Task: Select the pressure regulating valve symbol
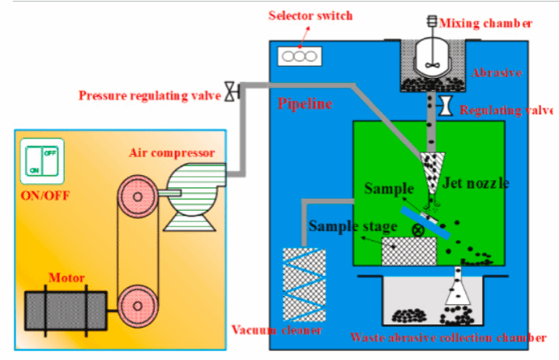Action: [231, 93]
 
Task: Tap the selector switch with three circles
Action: [301, 58]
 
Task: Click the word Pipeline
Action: [305, 104]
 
